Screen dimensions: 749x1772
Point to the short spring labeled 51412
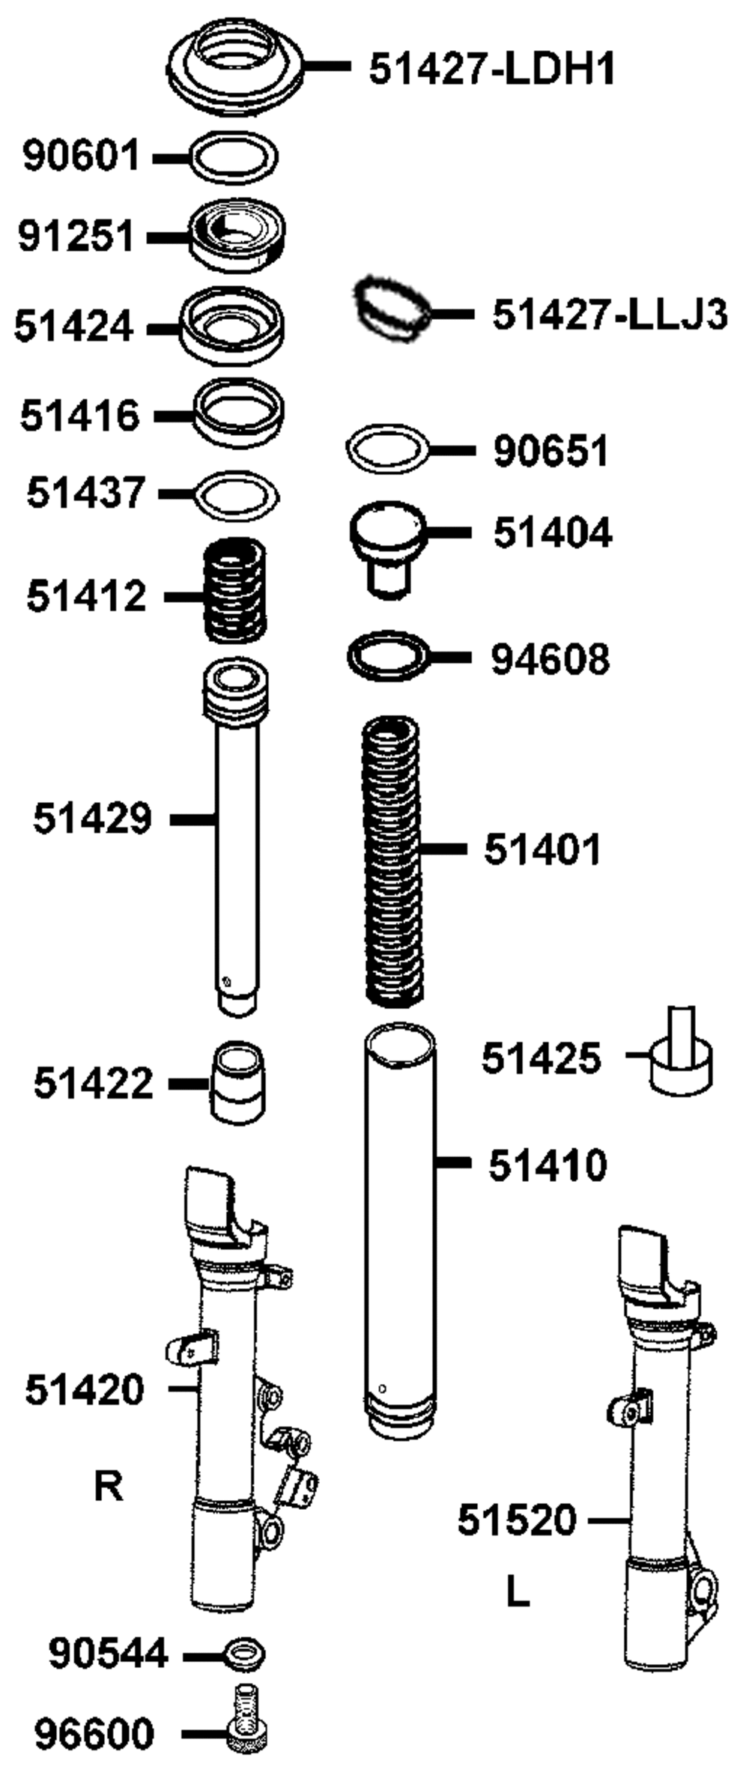pos(235,591)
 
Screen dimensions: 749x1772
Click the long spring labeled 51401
pos(392,861)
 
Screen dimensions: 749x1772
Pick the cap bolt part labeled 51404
pos(388,549)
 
